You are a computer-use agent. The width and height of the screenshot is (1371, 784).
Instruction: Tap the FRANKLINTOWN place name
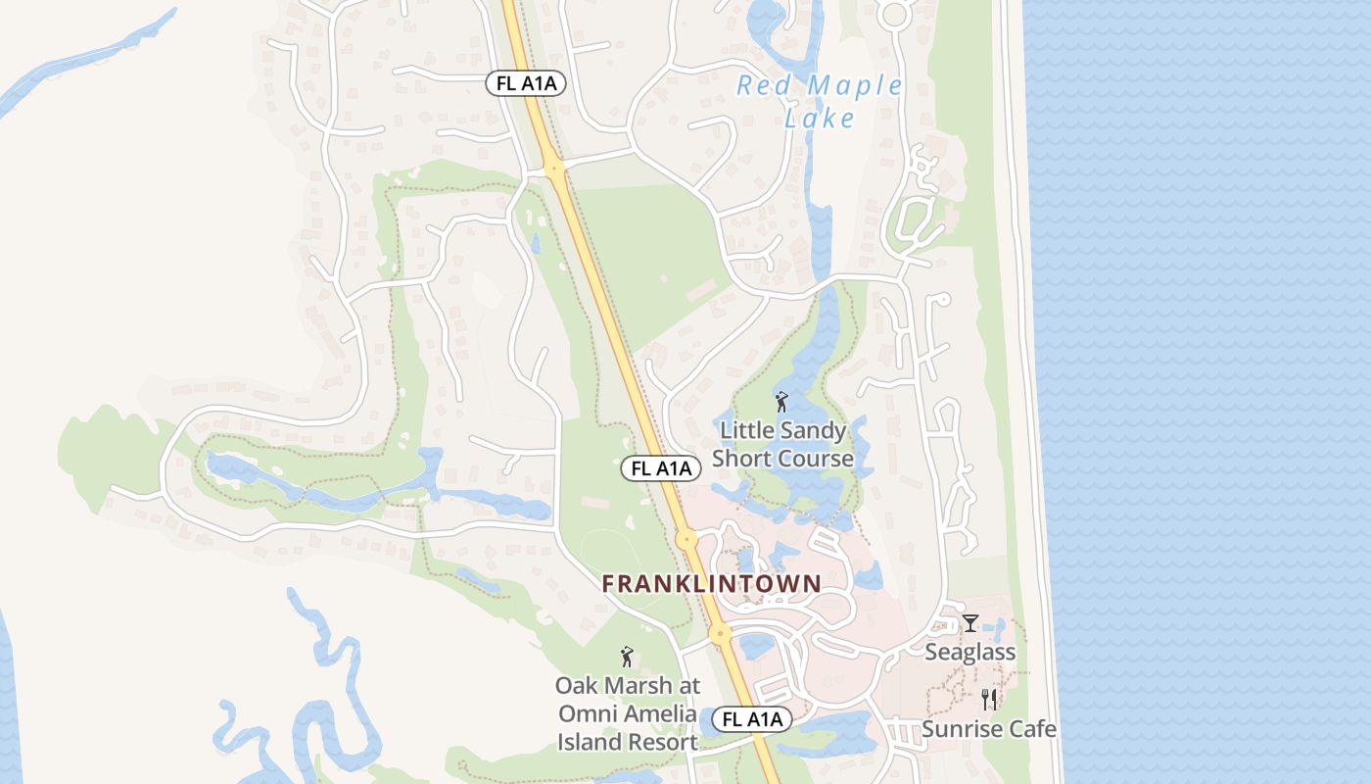point(711,584)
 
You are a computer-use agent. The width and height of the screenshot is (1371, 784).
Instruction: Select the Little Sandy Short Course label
point(782,444)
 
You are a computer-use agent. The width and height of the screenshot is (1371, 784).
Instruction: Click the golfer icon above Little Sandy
point(781,402)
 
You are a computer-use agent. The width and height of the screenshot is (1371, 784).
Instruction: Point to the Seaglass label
point(969,653)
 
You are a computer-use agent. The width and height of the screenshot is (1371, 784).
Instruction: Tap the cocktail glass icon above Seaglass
point(969,622)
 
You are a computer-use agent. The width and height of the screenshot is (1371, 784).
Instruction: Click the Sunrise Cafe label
point(988,729)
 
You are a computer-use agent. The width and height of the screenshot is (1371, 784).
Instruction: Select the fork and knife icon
point(989,699)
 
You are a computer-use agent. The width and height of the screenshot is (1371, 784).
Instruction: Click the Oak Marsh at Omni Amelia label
point(628,713)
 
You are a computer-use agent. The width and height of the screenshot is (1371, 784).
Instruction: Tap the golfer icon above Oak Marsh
point(627,657)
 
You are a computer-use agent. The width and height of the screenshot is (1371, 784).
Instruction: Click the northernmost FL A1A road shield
point(526,83)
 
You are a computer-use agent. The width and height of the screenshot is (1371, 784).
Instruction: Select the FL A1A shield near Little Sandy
point(662,468)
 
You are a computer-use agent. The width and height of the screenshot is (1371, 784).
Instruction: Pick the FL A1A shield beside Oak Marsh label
point(752,719)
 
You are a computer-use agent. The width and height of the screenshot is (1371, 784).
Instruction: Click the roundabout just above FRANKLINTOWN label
point(685,538)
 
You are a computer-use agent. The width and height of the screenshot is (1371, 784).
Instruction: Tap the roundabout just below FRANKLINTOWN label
point(721,634)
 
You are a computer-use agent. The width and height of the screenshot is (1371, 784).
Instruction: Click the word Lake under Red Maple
point(820,119)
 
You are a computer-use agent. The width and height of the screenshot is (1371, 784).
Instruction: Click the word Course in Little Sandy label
point(817,459)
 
